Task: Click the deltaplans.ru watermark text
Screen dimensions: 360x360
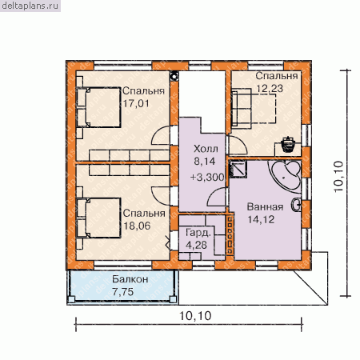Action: (x=30, y=6)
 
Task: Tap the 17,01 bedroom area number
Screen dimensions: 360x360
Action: (x=136, y=103)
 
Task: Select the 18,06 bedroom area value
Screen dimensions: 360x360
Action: (x=137, y=226)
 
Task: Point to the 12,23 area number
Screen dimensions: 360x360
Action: (x=270, y=89)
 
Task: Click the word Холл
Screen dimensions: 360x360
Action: (x=206, y=149)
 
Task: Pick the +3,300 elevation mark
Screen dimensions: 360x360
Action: (x=207, y=177)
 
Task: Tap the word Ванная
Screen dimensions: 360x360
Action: (x=265, y=207)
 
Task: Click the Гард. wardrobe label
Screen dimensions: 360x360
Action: (x=198, y=233)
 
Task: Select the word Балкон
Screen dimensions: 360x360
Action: (x=130, y=279)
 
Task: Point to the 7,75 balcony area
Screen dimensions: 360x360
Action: (x=123, y=292)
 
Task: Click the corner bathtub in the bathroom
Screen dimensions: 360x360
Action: (x=286, y=174)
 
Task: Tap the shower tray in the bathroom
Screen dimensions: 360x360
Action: (x=238, y=169)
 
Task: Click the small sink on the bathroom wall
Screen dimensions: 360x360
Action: (x=297, y=206)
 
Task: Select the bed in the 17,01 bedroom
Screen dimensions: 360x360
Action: (x=98, y=107)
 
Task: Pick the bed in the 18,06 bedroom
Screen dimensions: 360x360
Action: (x=98, y=218)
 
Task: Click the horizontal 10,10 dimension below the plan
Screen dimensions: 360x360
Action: (x=189, y=324)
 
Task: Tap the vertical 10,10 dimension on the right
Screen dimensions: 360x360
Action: (x=346, y=183)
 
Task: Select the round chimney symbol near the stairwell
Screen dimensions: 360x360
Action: (x=174, y=76)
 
